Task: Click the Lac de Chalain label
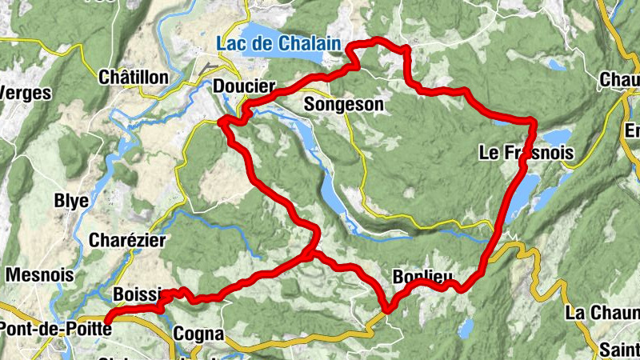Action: coord(278,43)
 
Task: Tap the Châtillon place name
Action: coord(133,78)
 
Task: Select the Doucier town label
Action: coord(244,86)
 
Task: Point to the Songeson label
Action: coord(344,104)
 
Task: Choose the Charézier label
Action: coord(127,240)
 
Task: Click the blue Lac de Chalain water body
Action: coord(264,34)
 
